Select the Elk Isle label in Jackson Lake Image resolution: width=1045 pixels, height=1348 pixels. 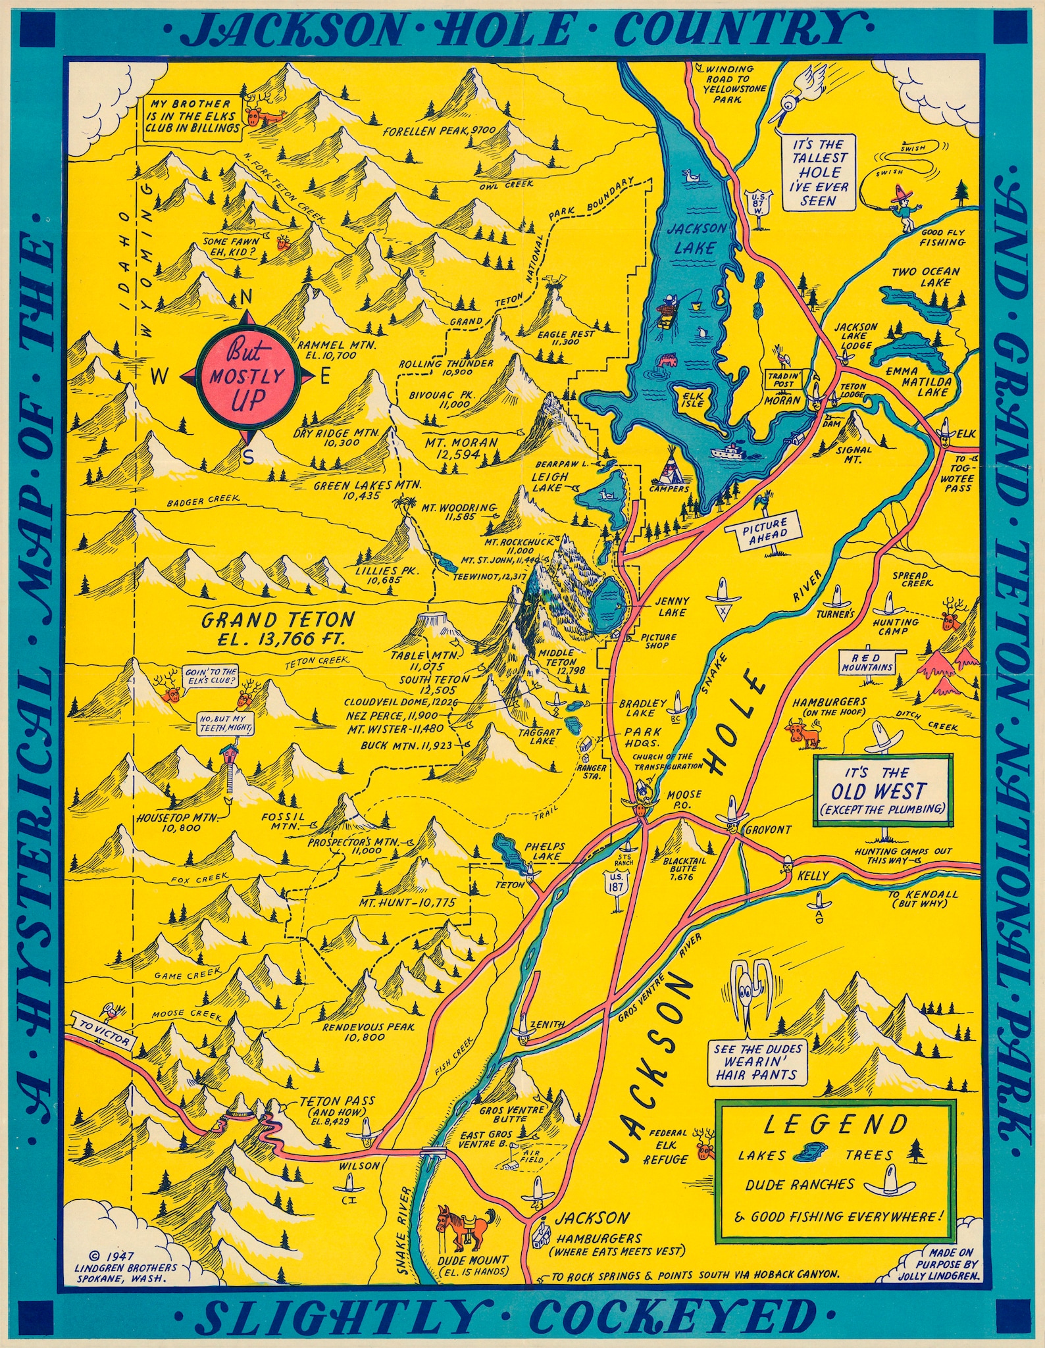[x=692, y=399]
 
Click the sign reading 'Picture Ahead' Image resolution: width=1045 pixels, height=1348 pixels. [x=765, y=530]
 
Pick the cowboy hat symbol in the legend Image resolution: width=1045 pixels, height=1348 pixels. [x=890, y=1183]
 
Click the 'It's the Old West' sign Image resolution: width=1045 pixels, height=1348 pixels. [x=882, y=789]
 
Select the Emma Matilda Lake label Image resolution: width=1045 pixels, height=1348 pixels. [x=916, y=382]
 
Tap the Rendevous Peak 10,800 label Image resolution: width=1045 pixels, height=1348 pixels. [x=369, y=1032]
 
